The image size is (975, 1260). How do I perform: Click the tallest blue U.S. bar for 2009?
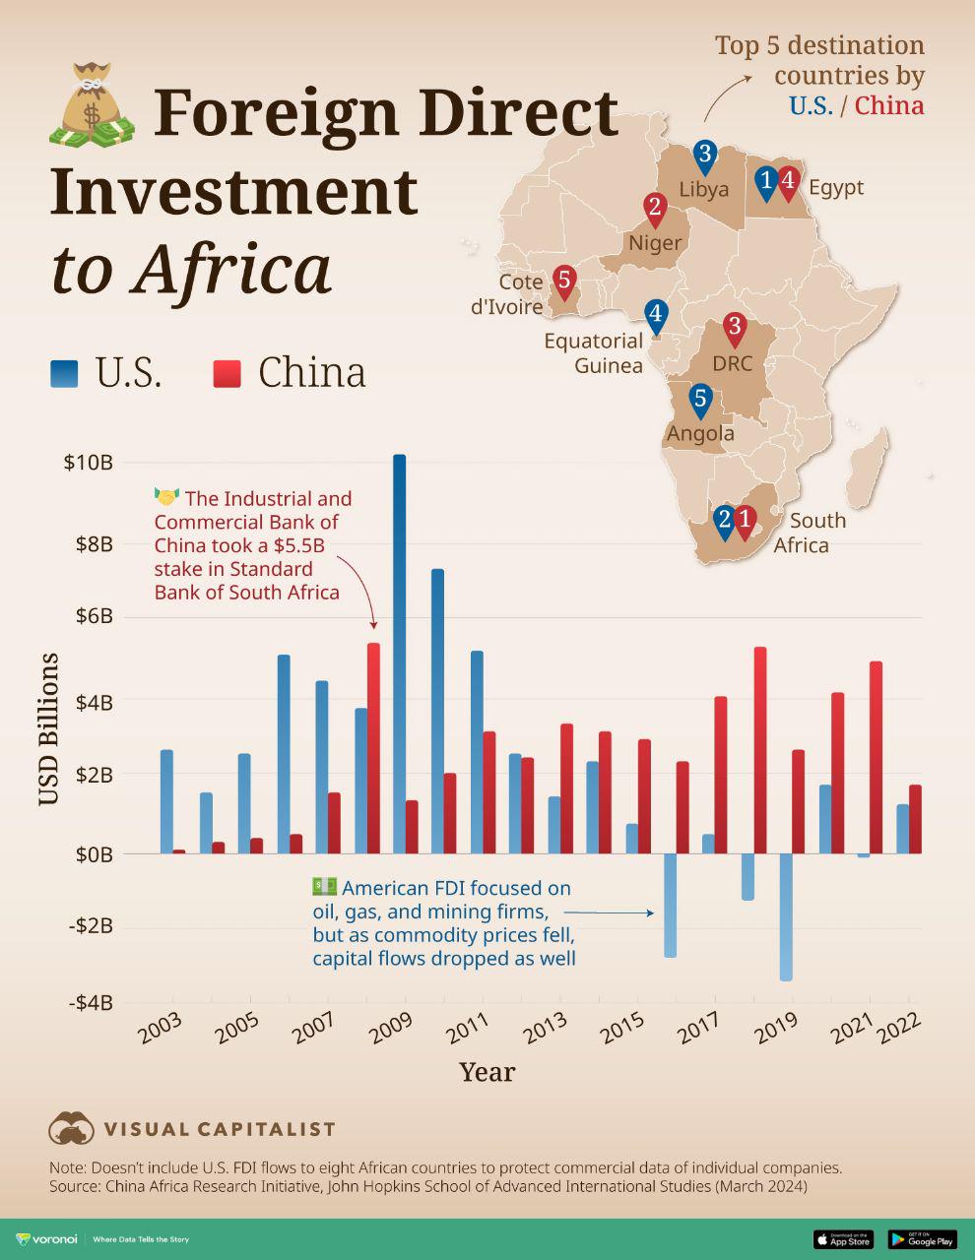[399, 654]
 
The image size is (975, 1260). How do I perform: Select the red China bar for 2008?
[373, 748]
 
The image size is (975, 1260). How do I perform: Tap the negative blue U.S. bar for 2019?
[786, 916]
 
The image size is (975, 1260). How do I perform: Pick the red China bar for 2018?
[760, 750]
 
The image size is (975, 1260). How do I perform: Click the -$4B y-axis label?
[90, 1003]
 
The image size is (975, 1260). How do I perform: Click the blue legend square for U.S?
[65, 373]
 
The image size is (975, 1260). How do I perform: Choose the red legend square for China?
[227, 373]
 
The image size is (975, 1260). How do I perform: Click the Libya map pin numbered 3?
[704, 155]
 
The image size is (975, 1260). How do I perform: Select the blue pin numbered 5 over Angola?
[700, 400]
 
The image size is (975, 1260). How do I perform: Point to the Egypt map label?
[836, 187]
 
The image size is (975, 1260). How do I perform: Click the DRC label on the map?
[732, 363]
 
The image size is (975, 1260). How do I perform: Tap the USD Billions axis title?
[48, 729]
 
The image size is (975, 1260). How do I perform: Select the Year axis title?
[487, 1072]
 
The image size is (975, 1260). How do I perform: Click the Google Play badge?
[923, 1239]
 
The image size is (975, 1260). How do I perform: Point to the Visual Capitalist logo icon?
[71, 1129]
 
